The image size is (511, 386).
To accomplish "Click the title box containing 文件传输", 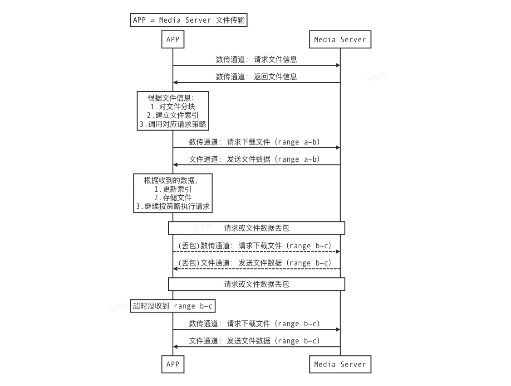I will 189,20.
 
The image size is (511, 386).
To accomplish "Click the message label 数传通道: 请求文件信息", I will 256,59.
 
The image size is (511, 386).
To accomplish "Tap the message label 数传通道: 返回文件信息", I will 256,77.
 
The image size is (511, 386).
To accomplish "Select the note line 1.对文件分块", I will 173,106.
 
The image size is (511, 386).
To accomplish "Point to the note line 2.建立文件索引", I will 173,115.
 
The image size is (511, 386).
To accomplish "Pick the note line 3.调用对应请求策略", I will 173,124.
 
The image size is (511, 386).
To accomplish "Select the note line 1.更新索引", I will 173,189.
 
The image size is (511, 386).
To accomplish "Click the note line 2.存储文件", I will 173,198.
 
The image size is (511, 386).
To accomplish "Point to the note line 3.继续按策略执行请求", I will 173,207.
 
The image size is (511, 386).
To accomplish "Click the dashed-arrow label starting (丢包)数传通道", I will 254,246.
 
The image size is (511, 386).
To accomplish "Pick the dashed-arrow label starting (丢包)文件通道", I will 254,263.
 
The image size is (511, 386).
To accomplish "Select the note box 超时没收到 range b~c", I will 172,306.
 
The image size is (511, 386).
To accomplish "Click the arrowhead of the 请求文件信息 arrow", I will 338,65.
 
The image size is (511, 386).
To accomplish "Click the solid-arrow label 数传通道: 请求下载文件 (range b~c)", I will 254,323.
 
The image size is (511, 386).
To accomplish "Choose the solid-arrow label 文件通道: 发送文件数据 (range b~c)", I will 254,341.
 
